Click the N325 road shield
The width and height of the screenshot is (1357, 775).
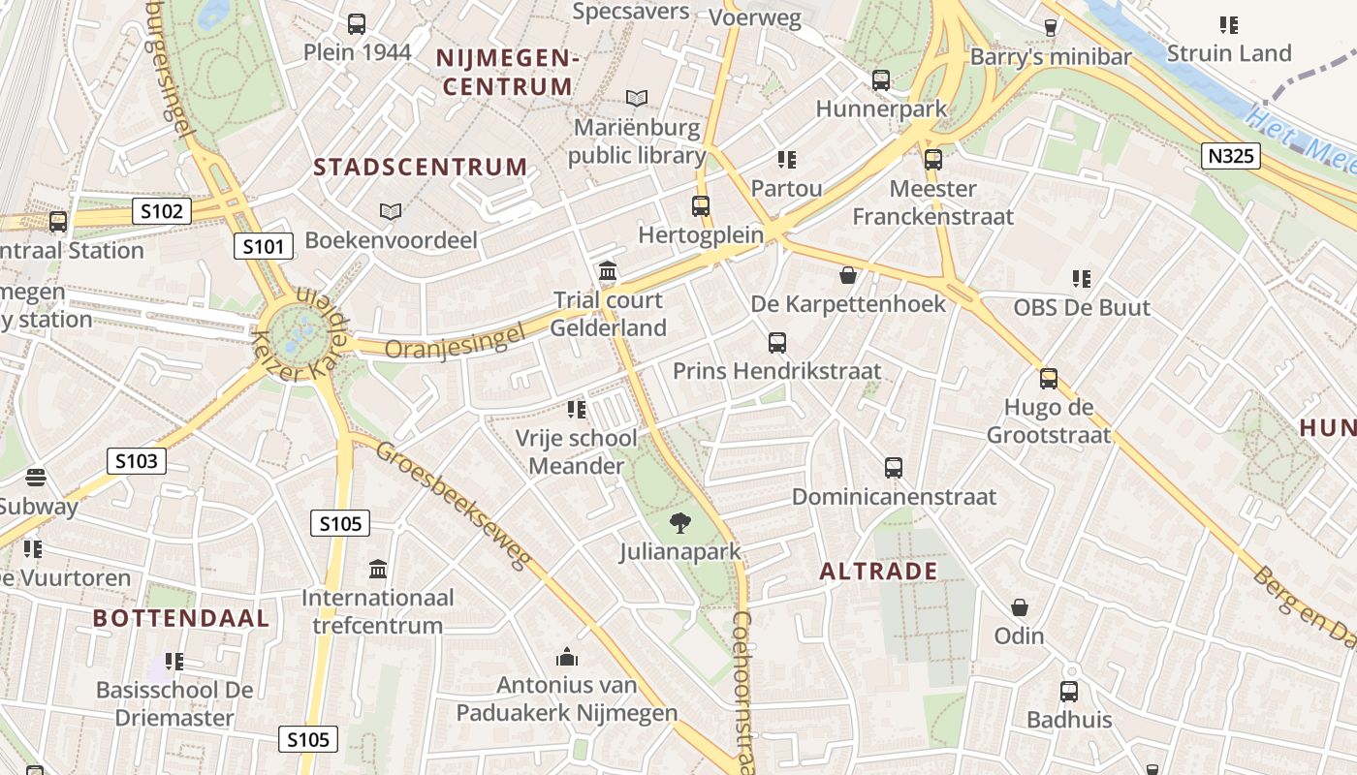point(1231,155)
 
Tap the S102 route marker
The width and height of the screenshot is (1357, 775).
point(162,210)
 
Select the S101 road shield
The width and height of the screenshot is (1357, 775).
point(264,246)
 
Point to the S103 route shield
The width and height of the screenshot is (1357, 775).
point(136,461)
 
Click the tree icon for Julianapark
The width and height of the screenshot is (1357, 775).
point(680,523)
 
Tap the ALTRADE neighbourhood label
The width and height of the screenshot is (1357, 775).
point(878,571)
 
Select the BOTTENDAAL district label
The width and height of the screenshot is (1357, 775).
point(181,618)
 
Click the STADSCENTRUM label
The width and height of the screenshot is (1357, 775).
point(420,168)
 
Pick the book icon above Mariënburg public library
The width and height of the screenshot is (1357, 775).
point(637,98)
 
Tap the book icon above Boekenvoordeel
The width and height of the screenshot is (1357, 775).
point(391,211)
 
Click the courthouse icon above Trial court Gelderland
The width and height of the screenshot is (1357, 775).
point(608,270)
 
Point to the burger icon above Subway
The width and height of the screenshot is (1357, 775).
point(36,478)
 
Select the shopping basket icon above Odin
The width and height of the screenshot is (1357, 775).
point(1020,607)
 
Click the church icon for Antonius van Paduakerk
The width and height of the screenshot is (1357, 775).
point(567,658)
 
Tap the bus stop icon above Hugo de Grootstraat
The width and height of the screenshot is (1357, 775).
point(1048,378)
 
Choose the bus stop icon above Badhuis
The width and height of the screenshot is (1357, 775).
point(1069,692)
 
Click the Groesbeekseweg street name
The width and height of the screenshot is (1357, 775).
point(455,506)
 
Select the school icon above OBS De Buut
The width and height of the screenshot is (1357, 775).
point(1082,279)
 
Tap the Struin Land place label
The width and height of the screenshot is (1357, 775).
point(1229,53)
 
